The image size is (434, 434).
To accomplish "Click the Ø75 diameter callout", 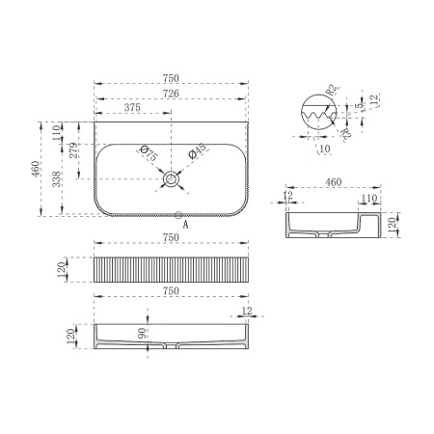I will coord(148,153).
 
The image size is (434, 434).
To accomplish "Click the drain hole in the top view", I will coord(172,178).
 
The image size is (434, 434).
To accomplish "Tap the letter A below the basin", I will coord(185,225).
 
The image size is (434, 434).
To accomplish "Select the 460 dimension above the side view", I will coord(334,182).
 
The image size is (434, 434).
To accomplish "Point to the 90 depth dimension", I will coord(143,333).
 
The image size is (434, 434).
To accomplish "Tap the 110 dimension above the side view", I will coord(368,197).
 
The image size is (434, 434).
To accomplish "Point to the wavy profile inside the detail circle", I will coord(318,119).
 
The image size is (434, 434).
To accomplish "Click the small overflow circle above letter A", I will coord(178,214).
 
